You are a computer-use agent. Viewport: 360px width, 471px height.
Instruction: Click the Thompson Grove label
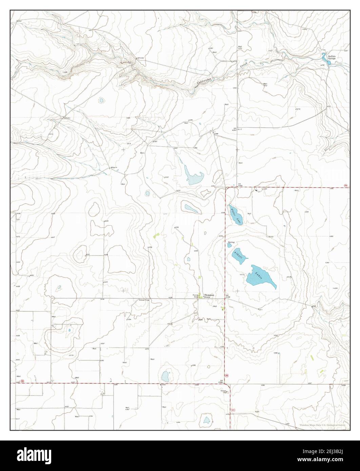tap(209, 296)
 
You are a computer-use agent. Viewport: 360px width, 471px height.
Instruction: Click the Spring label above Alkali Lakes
tap(231, 242)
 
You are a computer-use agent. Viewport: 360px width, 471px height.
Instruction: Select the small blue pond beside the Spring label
tap(229, 245)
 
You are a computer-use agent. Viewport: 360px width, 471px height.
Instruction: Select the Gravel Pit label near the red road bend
tap(223, 391)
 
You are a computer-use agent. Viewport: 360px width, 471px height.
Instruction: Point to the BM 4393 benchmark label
tap(234, 129)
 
